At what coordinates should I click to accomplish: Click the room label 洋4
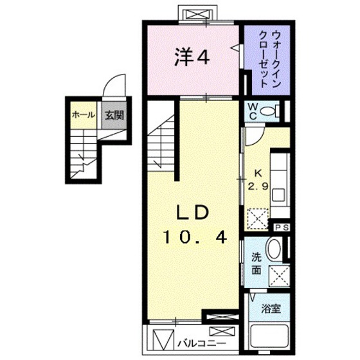(192, 59)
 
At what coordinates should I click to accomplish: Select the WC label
(252, 111)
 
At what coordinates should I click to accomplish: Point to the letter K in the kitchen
(258, 172)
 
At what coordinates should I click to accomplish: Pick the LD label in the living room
(191, 213)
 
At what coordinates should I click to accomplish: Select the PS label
(281, 228)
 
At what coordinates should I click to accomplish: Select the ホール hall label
(84, 116)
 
